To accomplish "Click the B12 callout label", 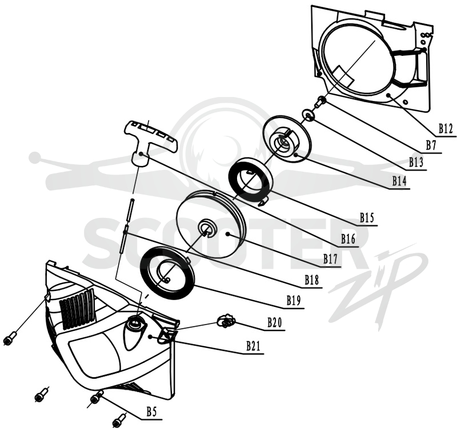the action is click(446, 128).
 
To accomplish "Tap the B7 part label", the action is click(431, 137).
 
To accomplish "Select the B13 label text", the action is click(416, 162).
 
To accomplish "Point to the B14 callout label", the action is click(399, 181).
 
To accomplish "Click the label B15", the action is click(367, 218).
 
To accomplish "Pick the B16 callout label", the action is click(348, 239).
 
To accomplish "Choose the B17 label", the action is click(330, 259).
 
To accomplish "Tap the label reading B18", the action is click(312, 280).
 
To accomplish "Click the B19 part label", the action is click(294, 301).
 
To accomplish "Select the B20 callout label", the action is click(275, 322).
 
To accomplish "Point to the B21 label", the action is click(253, 346).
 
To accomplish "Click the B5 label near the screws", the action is click(151, 412).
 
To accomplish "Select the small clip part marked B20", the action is click(226, 321).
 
